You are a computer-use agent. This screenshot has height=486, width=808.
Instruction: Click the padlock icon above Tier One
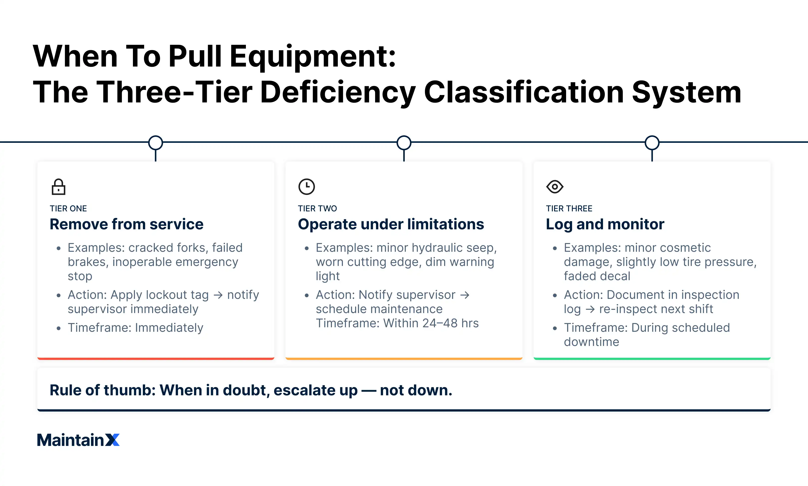click(x=58, y=187)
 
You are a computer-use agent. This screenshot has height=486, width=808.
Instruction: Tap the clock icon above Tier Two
click(x=306, y=187)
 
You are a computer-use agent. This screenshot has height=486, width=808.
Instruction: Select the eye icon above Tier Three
click(x=554, y=187)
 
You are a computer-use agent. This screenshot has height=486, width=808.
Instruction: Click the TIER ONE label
click(x=68, y=209)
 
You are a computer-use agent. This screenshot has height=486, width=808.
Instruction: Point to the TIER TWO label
click(x=317, y=209)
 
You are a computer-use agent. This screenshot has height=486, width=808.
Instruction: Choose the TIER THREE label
click(x=569, y=209)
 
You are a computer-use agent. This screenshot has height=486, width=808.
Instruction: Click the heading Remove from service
click(x=126, y=224)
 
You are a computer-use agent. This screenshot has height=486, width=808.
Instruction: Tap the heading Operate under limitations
click(x=391, y=224)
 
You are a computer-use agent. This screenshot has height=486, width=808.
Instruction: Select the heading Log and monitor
click(x=605, y=224)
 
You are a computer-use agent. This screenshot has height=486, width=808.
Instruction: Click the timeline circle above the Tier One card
click(x=156, y=143)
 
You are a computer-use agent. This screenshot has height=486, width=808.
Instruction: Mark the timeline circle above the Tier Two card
click(x=404, y=143)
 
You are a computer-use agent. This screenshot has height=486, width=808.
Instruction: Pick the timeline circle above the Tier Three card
click(x=652, y=143)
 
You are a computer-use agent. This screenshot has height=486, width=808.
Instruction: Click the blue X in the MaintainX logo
click(x=113, y=440)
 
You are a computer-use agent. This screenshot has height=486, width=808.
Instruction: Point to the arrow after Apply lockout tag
click(x=218, y=295)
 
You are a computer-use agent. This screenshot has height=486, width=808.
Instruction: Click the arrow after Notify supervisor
click(x=465, y=295)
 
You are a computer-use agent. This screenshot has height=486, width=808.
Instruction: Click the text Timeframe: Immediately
click(x=135, y=328)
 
